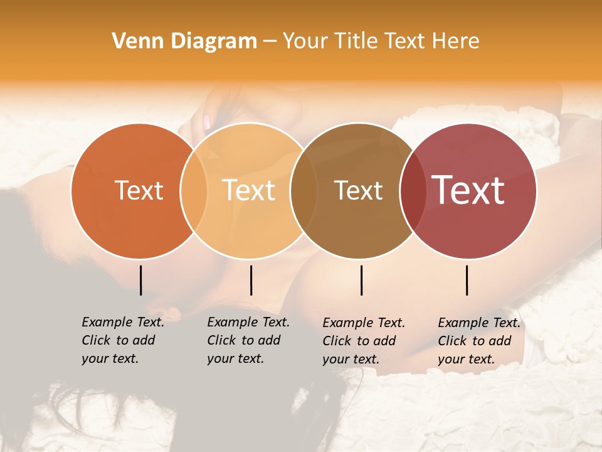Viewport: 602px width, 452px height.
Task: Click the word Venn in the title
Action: point(134,41)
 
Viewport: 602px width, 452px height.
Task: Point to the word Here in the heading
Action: point(457,41)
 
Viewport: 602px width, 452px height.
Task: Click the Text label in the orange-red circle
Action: point(139,190)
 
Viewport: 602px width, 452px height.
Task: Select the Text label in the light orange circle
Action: point(249,190)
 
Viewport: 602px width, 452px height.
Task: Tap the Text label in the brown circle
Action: point(358,190)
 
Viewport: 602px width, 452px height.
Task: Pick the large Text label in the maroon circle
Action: point(468,190)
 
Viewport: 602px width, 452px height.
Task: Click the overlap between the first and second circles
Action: point(194,190)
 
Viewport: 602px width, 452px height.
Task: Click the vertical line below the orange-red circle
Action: point(141,280)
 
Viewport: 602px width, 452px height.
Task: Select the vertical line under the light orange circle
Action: point(251,280)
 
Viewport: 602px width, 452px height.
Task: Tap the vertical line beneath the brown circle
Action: point(362,280)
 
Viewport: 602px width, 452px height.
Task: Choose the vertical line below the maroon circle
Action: point(467,280)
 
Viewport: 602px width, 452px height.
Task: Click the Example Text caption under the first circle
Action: point(123,340)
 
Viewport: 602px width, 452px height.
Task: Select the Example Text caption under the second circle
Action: point(248,340)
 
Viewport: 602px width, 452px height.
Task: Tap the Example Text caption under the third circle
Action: point(364,341)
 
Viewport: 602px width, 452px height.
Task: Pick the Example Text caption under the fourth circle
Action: point(479,341)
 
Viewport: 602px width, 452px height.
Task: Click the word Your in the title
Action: point(305,41)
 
